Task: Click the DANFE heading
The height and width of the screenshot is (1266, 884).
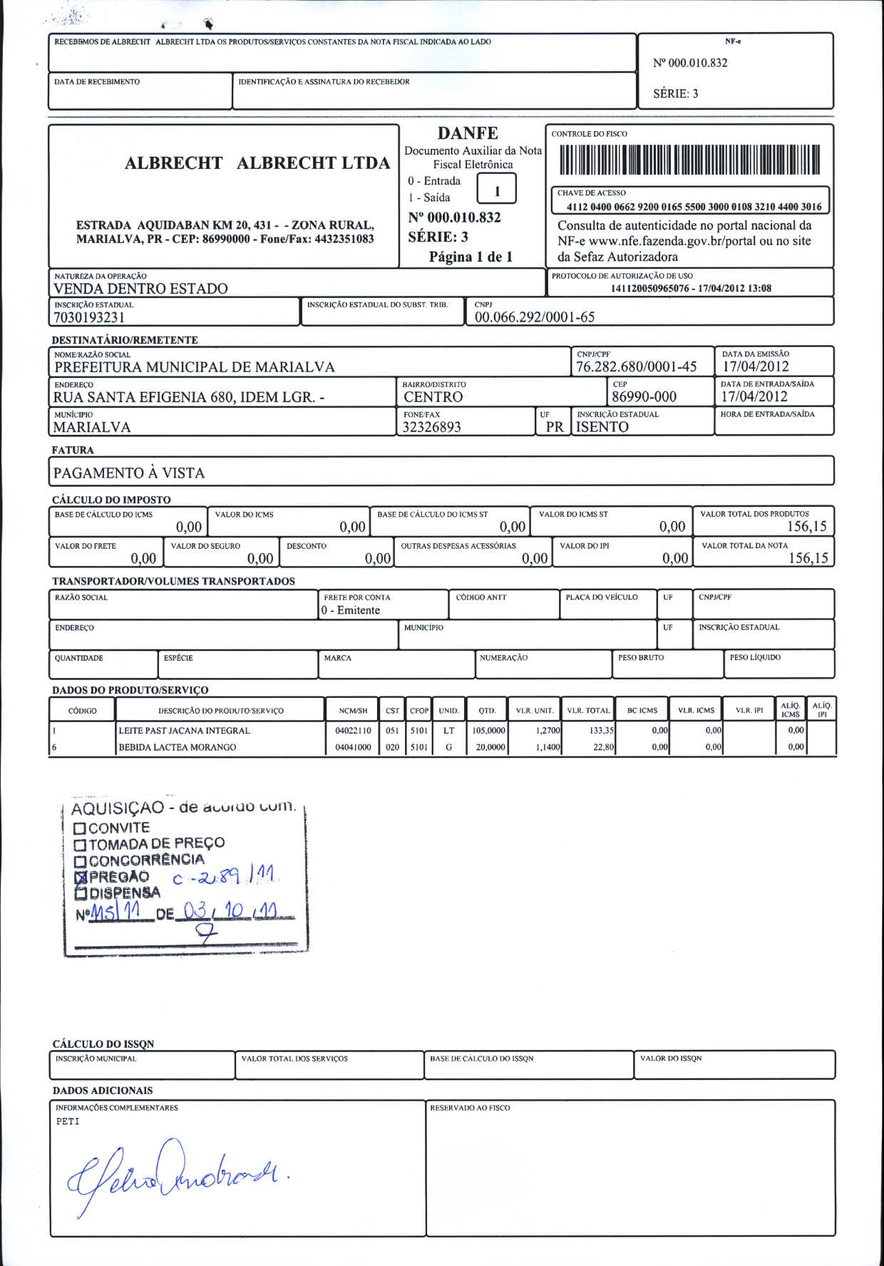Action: click(x=468, y=133)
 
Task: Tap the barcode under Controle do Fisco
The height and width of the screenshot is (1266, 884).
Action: click(x=689, y=160)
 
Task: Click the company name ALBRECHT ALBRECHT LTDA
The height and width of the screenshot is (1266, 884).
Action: click(x=257, y=163)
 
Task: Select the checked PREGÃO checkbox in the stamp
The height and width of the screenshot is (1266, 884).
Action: click(x=80, y=878)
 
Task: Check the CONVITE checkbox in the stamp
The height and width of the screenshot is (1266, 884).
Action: click(x=80, y=828)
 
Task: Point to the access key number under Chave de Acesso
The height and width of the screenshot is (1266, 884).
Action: click(x=694, y=207)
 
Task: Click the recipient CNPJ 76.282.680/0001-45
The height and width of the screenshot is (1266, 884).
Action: click(x=636, y=367)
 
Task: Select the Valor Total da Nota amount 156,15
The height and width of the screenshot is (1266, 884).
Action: click(x=808, y=558)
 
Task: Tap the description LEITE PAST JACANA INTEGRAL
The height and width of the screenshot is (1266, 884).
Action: click(x=184, y=731)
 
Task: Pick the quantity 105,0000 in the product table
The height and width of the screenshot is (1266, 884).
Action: click(x=488, y=731)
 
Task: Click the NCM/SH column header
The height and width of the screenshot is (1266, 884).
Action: click(x=353, y=711)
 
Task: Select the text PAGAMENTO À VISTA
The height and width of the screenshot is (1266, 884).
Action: click(x=129, y=473)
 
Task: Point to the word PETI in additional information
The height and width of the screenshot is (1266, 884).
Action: click(x=68, y=1121)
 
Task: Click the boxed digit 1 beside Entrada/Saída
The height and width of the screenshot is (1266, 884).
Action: click(x=497, y=191)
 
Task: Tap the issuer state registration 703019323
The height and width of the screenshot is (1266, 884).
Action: click(x=89, y=317)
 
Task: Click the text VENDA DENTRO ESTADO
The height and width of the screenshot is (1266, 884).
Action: click(x=140, y=289)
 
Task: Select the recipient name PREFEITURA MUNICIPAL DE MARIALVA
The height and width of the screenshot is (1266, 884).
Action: click(x=195, y=367)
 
